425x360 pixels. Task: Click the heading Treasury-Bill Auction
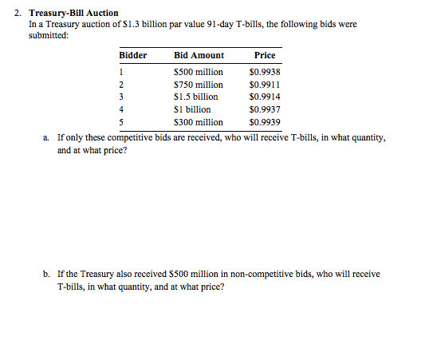point(73,14)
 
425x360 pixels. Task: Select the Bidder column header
point(133,56)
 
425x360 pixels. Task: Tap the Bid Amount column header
point(199,56)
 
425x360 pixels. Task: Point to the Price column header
point(264,56)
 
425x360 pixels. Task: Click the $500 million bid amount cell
point(199,72)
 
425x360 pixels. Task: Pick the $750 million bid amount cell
point(199,85)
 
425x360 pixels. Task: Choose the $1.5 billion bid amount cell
point(195,97)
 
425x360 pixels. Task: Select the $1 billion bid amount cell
point(192,109)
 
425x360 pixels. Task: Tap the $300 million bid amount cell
point(199,122)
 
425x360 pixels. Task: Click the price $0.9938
point(264,72)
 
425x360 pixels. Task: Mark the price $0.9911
point(264,85)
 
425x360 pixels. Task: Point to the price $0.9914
point(264,97)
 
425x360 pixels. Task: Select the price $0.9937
point(264,109)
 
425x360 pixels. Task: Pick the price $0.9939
point(264,122)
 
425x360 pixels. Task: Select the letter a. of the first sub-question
point(47,137)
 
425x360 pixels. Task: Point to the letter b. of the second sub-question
point(47,275)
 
